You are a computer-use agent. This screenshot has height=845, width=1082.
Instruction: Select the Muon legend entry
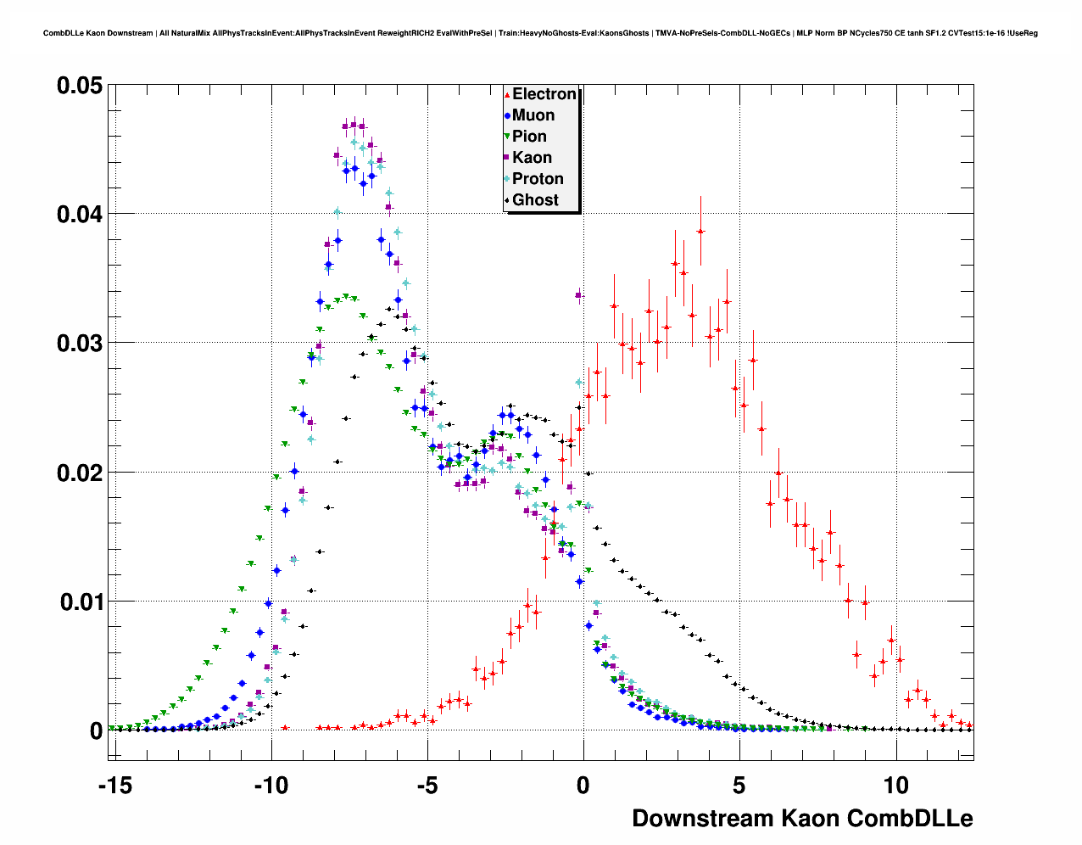(533, 115)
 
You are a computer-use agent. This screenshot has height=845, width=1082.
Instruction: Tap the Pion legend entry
(528, 137)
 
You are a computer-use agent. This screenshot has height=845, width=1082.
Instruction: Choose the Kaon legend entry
(531, 158)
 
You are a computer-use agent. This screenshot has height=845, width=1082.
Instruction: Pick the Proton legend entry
(537, 179)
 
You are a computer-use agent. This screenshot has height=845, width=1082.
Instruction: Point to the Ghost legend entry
(535, 200)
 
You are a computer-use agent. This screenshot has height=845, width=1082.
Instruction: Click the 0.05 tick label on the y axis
(80, 86)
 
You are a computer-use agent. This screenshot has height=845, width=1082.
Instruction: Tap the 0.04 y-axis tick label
(80, 215)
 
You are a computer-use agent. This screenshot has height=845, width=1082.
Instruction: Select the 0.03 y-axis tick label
(80, 344)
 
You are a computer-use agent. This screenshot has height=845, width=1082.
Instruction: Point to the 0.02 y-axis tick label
(80, 473)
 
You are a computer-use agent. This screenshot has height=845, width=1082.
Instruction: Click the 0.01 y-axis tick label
(80, 602)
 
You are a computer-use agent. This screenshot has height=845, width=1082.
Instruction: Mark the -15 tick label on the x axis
(115, 786)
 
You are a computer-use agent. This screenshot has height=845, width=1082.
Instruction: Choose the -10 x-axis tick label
(271, 786)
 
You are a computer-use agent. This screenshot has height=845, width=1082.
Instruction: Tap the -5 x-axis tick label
(427, 786)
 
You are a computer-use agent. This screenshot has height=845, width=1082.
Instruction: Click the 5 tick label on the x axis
(739, 786)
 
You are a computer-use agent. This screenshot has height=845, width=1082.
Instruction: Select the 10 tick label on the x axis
(895, 786)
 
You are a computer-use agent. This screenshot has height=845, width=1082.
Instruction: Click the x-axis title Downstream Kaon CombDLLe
(802, 819)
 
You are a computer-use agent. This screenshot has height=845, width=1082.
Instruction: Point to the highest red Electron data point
(700, 231)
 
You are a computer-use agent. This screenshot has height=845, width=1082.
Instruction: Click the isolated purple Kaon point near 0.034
(578, 295)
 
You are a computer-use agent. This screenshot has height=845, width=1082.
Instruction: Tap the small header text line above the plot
(540, 33)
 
